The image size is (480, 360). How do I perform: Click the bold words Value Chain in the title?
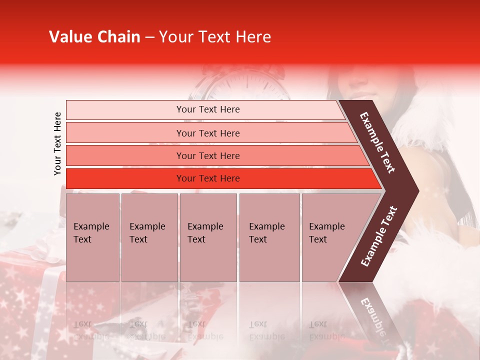pyautogui.click(x=94, y=37)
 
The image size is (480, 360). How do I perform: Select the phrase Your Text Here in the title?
pyautogui.click(x=215, y=37)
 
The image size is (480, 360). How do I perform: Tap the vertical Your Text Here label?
pyautogui.click(x=57, y=143)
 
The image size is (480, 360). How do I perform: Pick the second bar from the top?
pyautogui.click(x=208, y=133)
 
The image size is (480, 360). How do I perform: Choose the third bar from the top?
pyautogui.click(x=208, y=155)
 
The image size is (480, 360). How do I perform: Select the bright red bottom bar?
pyautogui.click(x=208, y=178)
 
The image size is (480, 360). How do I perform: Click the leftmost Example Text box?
pyautogui.click(x=92, y=237)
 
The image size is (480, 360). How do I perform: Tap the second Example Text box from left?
pyautogui.click(x=149, y=237)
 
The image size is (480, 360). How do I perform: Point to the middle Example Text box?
pyautogui.click(x=208, y=237)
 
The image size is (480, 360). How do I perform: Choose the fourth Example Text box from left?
pyautogui.click(x=269, y=237)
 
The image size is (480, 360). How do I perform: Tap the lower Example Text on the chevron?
pyautogui.click(x=379, y=236)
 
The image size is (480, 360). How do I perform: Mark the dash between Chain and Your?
pyautogui.click(x=149, y=37)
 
